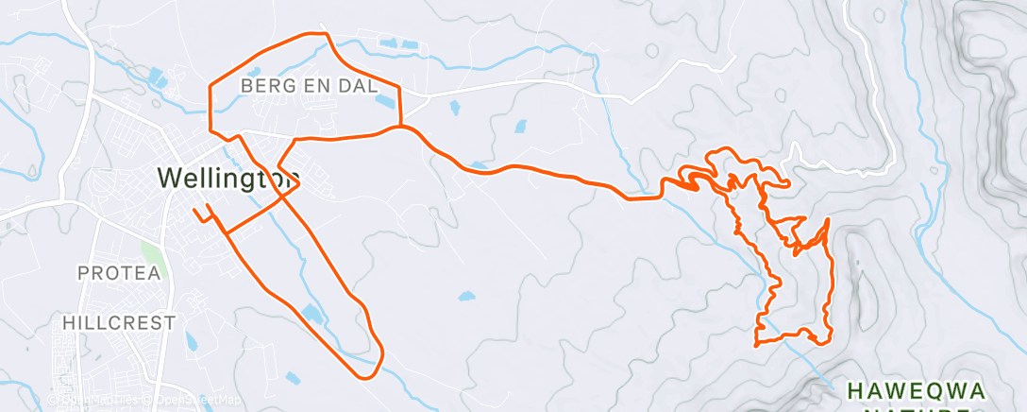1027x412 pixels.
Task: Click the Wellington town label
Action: [228, 178]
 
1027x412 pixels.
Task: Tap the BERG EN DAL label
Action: [310, 86]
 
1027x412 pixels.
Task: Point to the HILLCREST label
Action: [119, 322]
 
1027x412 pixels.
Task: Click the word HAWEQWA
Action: [916, 390]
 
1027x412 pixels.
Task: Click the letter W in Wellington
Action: [171, 178]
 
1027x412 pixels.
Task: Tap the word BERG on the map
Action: [265, 86]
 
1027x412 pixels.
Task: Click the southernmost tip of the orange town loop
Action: [363, 376]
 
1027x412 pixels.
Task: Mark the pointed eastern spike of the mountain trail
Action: [828, 220]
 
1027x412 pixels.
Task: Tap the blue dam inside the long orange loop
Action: [312, 314]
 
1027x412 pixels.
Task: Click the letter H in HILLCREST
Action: [69, 322]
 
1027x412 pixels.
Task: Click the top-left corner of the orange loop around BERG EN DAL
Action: [210, 83]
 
